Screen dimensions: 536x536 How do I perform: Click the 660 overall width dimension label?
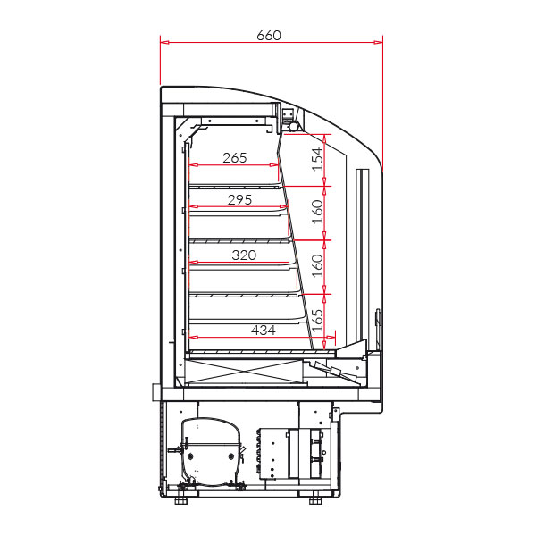point(269,35)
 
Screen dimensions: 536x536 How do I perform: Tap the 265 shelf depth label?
point(234,158)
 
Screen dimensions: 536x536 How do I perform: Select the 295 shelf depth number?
point(239,199)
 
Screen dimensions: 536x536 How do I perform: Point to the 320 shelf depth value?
point(244,255)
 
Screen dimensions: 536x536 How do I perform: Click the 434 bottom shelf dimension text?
point(264,331)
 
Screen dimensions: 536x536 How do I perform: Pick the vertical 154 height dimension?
point(317,159)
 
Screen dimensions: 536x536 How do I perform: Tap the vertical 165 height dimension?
point(317,321)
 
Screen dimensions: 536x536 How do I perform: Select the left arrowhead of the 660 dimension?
point(164,42)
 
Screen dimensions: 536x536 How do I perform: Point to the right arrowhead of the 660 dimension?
point(379,42)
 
